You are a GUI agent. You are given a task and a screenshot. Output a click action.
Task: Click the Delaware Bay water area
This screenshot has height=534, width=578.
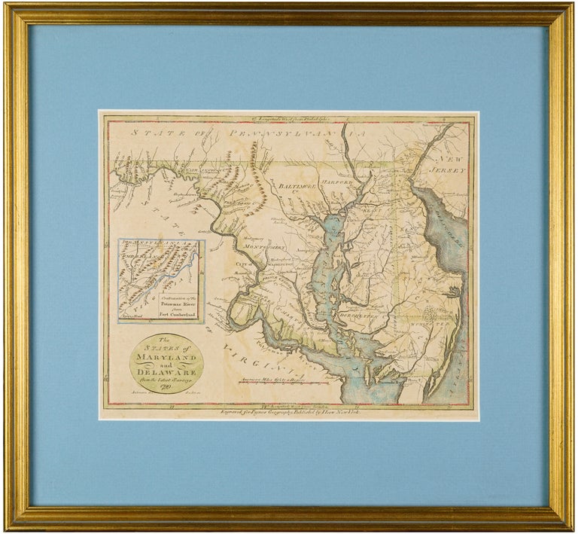(x=444, y=233)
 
